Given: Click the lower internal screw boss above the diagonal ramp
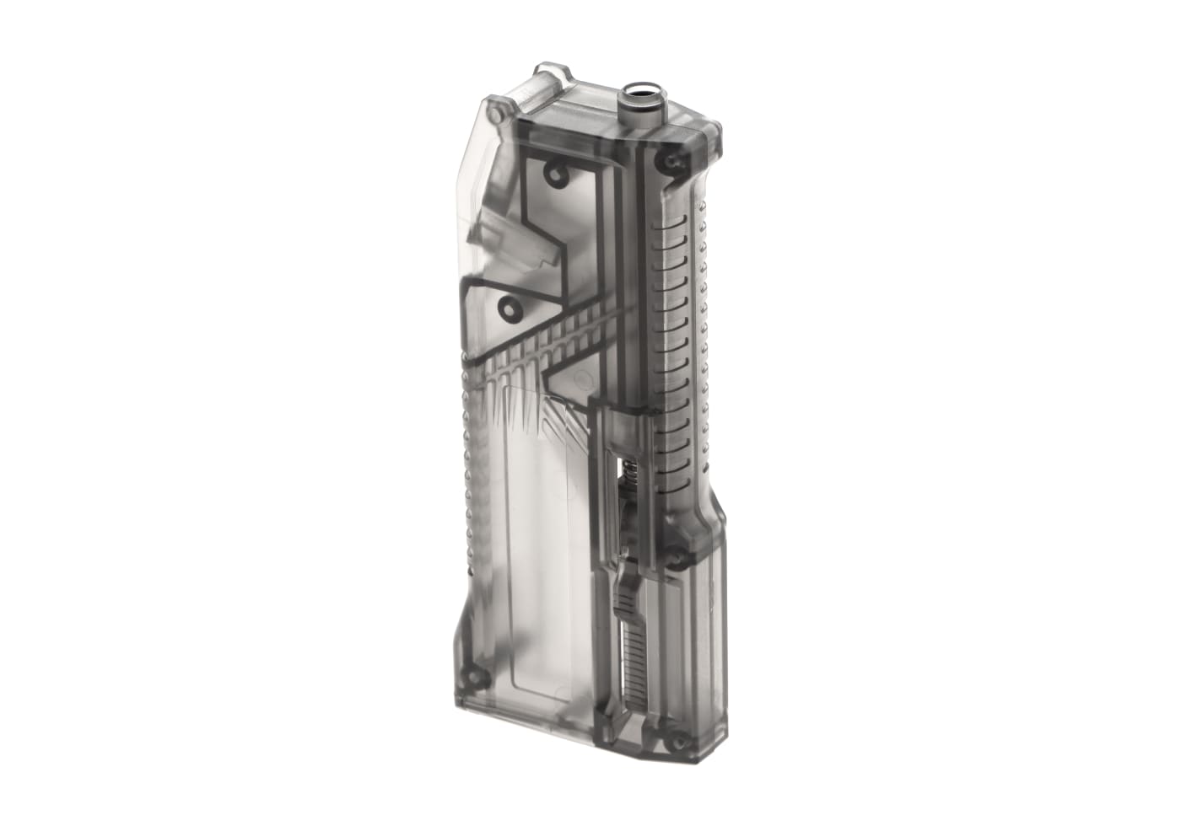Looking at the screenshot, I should [x=510, y=305].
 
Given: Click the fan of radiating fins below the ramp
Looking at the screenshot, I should [x=523, y=413].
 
